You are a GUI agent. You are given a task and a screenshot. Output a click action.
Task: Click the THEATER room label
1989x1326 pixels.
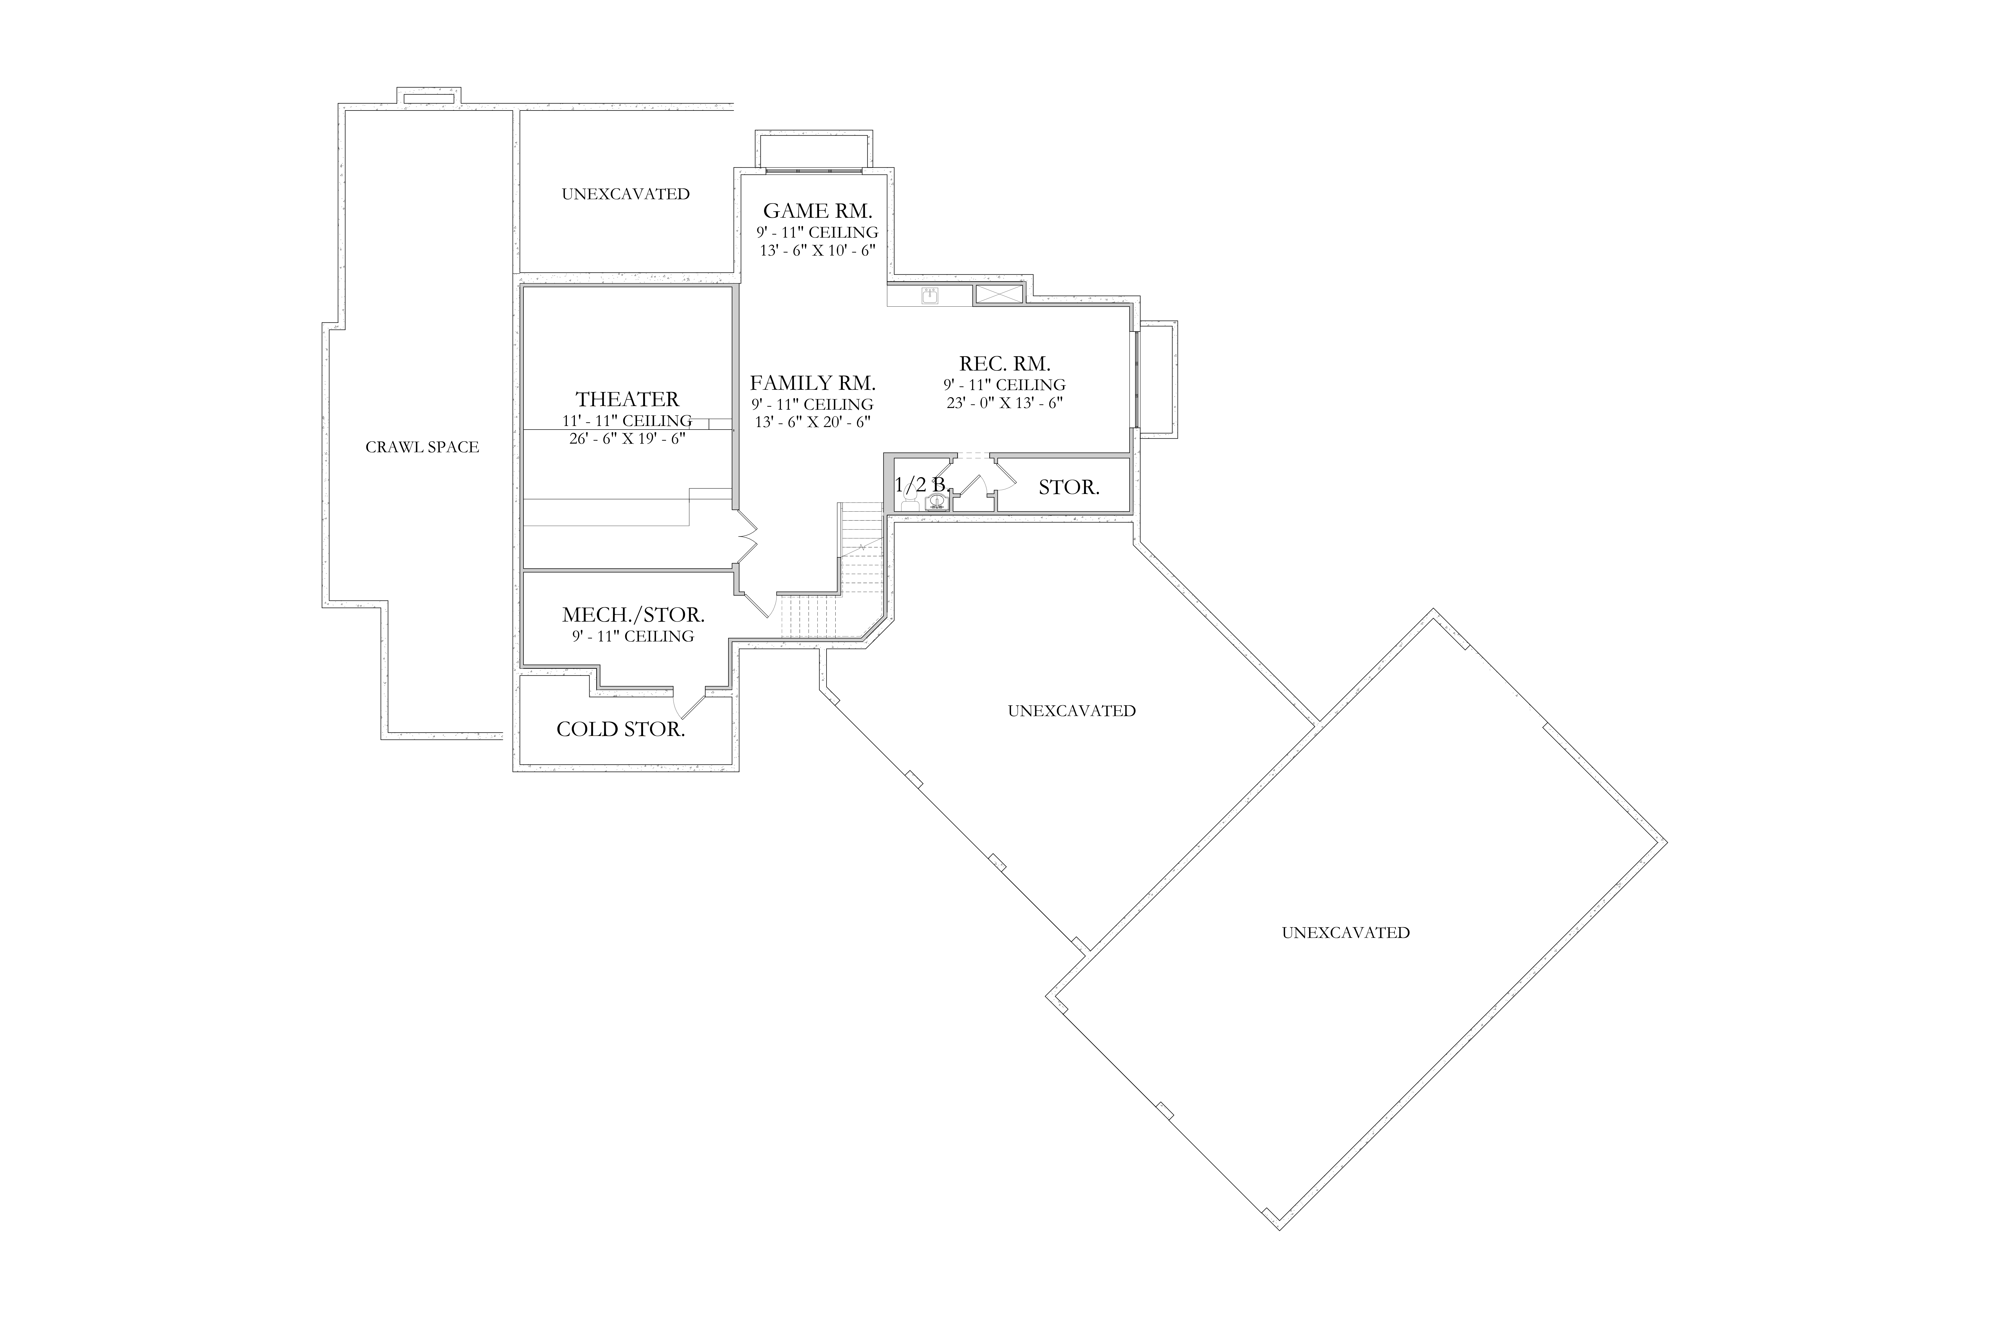pos(627,399)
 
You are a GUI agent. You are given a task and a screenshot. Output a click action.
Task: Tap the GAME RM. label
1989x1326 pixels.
pos(817,211)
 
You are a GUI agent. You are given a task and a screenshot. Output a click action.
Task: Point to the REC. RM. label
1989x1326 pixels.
pos(1005,364)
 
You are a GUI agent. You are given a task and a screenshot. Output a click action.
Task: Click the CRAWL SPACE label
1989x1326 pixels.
pos(422,447)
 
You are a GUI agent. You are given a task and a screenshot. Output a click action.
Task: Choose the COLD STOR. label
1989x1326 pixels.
pos(621,729)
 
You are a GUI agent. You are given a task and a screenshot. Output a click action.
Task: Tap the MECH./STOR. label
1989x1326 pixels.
pos(633,615)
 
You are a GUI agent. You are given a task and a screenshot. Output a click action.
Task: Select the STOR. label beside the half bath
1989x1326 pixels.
pos(1069,487)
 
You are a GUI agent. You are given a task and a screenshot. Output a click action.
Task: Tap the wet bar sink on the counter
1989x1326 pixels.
pos(930,296)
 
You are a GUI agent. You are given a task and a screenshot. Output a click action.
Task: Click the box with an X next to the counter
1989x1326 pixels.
pos(999,294)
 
